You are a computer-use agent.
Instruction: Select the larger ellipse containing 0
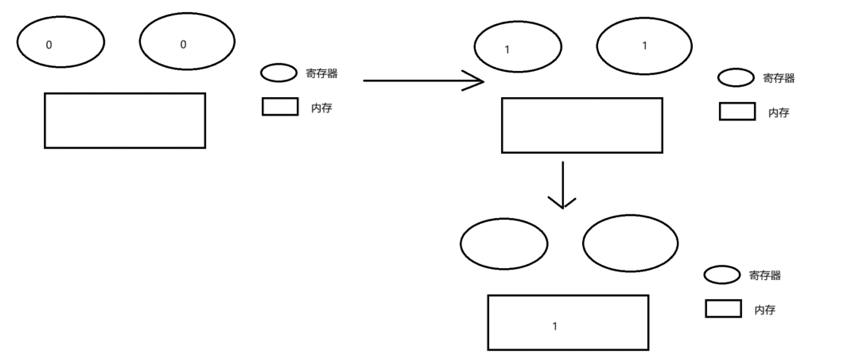[187, 41]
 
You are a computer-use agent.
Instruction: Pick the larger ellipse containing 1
[644, 46]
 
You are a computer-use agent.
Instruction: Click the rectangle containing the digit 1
[568, 323]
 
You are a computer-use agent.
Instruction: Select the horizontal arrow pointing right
[423, 81]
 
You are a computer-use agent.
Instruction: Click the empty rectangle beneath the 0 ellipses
[125, 120]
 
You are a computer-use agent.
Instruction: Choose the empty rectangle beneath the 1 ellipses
[582, 126]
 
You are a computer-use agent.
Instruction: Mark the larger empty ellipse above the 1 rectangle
[630, 243]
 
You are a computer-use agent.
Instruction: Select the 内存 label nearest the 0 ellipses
[322, 108]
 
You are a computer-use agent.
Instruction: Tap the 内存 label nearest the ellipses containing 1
[779, 112]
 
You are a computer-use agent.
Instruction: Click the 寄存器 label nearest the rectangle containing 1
[765, 275]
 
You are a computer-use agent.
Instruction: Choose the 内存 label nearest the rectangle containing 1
[765, 310]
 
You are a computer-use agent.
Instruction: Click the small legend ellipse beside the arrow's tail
[279, 73]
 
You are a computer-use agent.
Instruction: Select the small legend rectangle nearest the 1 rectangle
[723, 308]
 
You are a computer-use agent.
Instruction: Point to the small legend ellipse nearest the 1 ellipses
[736, 77]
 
